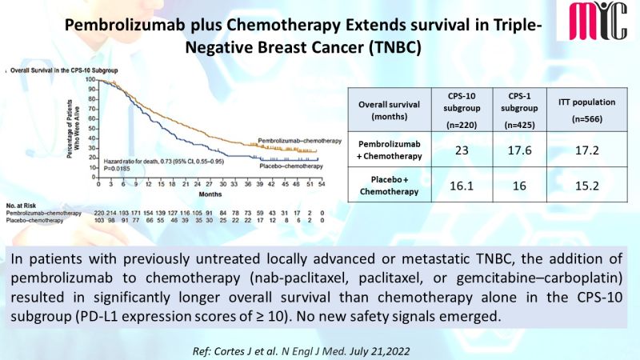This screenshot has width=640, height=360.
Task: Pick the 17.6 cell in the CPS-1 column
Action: point(521,152)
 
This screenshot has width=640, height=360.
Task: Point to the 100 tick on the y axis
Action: point(90,80)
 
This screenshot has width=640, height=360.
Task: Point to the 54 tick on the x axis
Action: point(321,185)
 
